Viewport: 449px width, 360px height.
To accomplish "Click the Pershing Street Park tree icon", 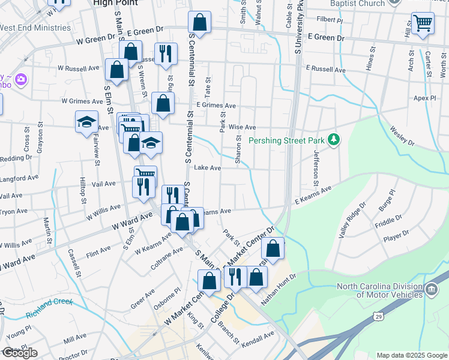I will [335, 140].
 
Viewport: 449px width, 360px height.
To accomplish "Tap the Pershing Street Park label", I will [286, 141].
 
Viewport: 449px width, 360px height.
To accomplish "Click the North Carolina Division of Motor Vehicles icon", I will [432, 290].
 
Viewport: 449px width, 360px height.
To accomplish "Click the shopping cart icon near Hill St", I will [423, 23].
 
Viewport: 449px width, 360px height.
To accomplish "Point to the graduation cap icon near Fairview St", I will [87, 122].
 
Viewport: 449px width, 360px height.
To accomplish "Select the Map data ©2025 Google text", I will [412, 355].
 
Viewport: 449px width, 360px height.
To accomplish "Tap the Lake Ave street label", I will [208, 168].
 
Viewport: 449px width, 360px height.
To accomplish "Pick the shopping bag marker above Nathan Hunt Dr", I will [273, 250].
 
